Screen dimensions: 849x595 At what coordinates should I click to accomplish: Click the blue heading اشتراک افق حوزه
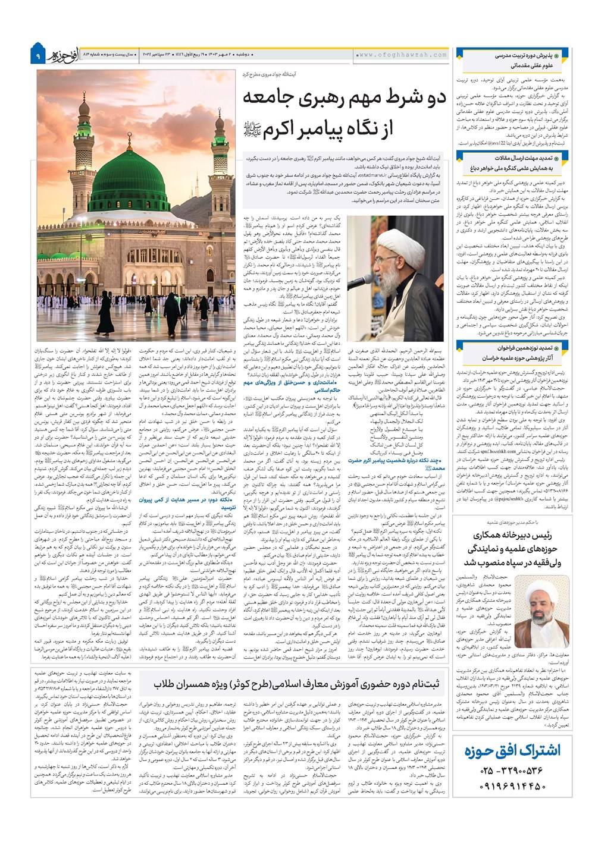click(512, 750)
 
